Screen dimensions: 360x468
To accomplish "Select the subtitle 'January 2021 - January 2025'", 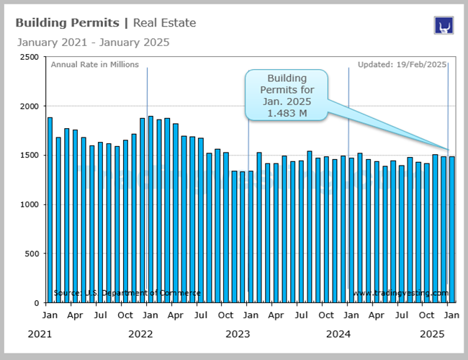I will pos(93,42).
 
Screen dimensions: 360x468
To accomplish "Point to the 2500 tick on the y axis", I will pos(29,57).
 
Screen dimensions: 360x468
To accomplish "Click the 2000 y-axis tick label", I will pos(29,106).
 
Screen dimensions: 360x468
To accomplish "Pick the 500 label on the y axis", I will pos(32,254).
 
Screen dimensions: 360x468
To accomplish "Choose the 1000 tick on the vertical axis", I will pos(29,204).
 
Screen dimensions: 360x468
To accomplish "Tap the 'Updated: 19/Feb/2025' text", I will pos(402,64).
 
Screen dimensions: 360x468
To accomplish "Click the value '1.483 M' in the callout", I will pos(287,114).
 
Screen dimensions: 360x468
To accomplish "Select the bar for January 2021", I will pos(50,210).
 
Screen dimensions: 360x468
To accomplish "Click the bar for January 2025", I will pos(451,230).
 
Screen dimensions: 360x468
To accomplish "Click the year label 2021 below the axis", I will pos(40,334).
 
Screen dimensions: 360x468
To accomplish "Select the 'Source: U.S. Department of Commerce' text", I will pos(127,293).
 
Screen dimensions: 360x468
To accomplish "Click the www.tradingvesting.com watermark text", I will pos(400,293).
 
